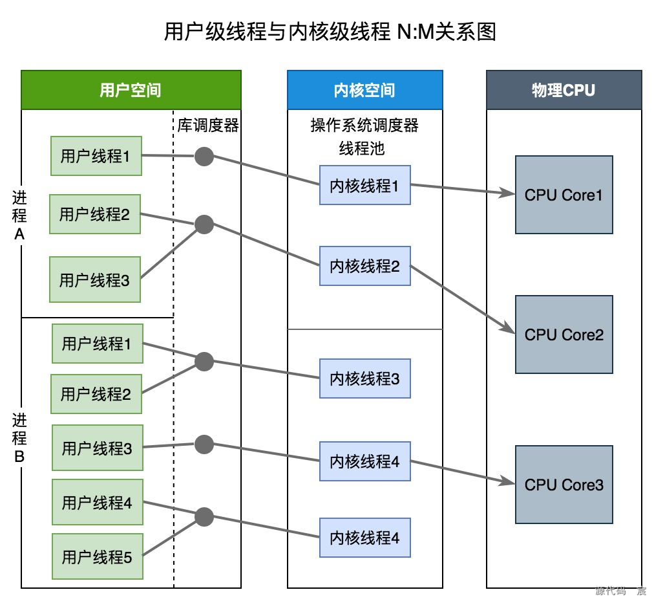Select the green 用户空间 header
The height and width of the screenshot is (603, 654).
[x=131, y=90]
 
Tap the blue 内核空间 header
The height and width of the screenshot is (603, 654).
[x=364, y=90]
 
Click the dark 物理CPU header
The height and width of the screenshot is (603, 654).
[x=564, y=90]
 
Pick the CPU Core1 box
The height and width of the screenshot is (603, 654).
[x=564, y=195]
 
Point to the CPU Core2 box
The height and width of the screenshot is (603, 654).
[x=564, y=334]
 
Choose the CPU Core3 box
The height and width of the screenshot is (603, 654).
[x=564, y=485]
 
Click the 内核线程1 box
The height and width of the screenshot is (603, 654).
[x=364, y=186]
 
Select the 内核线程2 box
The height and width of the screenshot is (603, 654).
[x=364, y=266]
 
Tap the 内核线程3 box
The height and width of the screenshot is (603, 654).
[x=364, y=378]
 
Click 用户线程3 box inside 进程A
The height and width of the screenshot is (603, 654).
[x=94, y=280]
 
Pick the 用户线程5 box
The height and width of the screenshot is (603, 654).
[x=97, y=556]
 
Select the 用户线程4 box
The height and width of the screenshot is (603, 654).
[x=97, y=502]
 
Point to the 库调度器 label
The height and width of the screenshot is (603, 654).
[x=208, y=125]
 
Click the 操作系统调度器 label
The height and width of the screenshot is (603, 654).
[x=364, y=125]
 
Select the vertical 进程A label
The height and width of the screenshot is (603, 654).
[x=19, y=215]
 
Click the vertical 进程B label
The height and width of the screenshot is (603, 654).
[x=19, y=438]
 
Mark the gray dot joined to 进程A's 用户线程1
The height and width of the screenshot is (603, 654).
[x=204, y=156]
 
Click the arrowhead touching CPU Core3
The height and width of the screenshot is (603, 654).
[x=509, y=481]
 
